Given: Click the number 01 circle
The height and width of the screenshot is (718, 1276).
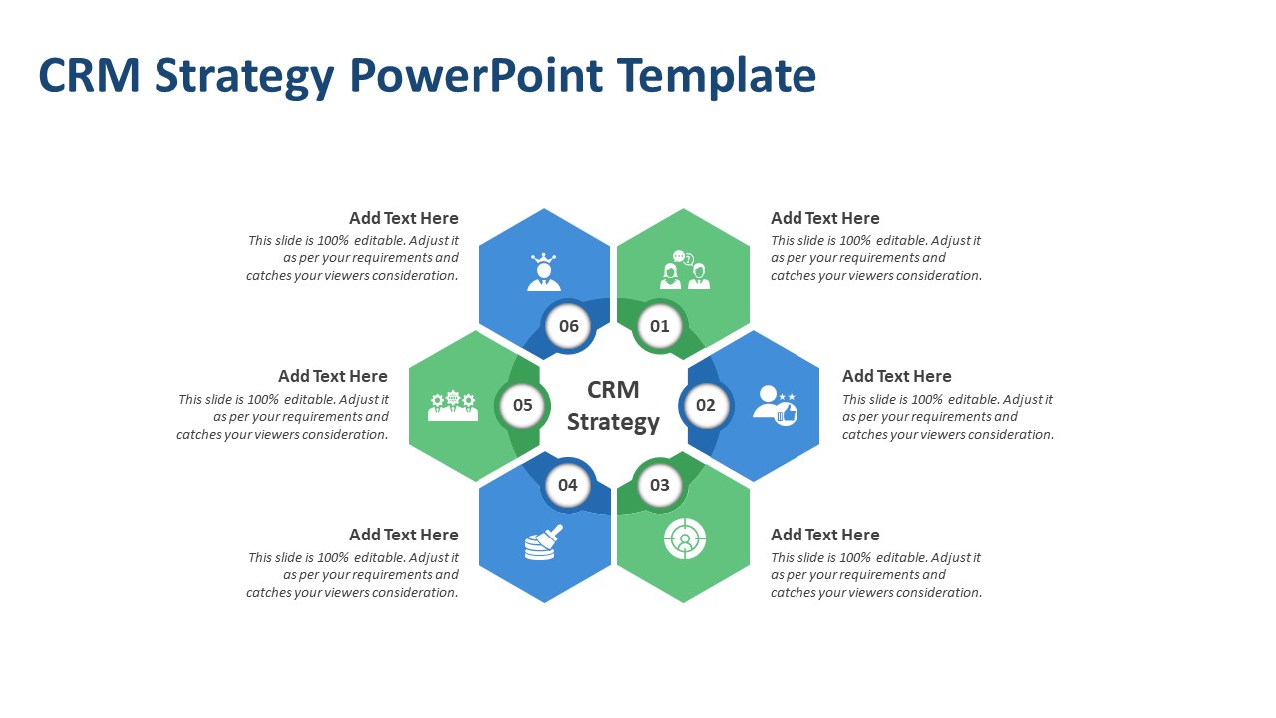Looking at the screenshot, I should [660, 326].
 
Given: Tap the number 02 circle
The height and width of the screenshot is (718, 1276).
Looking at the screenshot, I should [706, 405].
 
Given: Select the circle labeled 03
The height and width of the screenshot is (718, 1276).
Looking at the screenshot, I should [660, 485].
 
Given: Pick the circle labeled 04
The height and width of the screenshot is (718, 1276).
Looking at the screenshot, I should [568, 485].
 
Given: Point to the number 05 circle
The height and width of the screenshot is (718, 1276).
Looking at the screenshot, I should [523, 405].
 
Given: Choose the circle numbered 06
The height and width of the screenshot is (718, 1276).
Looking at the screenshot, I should [569, 326].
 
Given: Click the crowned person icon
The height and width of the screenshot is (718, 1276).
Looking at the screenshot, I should [544, 272].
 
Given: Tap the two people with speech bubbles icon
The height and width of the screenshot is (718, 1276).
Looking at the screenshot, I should [684, 270].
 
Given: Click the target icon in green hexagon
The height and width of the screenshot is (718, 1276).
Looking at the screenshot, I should [685, 539].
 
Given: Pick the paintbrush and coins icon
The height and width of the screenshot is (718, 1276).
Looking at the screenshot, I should [543, 542].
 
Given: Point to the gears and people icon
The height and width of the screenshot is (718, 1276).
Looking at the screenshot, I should [453, 405].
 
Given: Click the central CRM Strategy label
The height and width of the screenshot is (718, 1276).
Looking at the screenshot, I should [613, 406].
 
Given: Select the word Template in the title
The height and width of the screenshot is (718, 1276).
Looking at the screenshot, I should [716, 76].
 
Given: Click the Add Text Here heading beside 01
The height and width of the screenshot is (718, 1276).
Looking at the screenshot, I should [824, 218].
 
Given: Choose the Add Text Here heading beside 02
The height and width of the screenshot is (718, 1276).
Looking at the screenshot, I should [896, 376].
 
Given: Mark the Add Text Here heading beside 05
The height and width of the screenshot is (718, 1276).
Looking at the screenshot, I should [333, 376].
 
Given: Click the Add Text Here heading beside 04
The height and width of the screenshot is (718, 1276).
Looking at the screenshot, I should [404, 535].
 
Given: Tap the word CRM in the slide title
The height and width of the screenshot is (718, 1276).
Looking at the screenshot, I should [89, 76].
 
